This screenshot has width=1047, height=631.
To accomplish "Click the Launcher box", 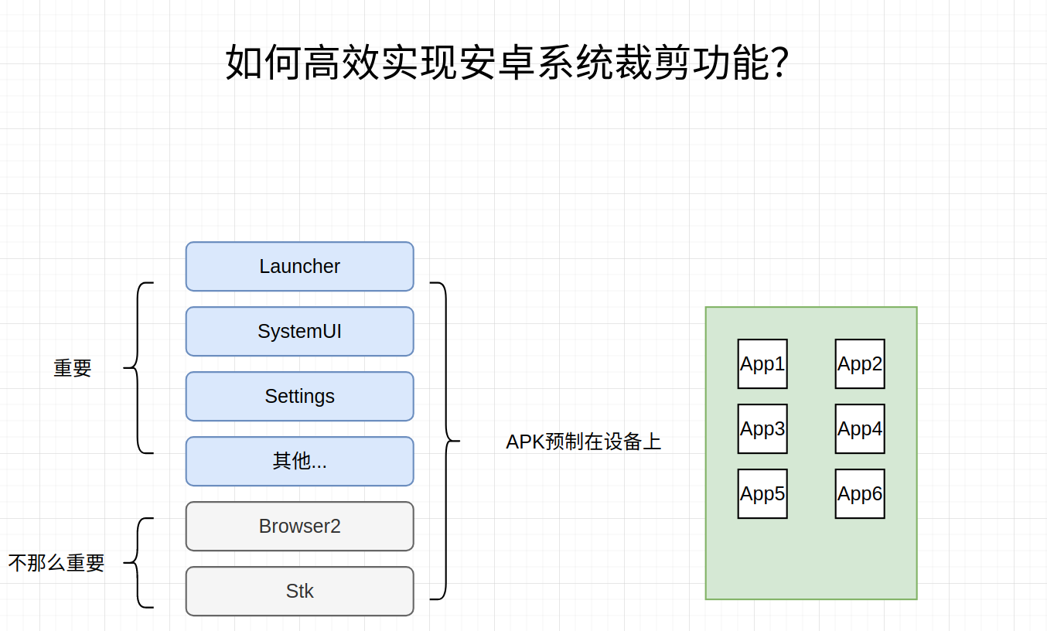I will (299, 267).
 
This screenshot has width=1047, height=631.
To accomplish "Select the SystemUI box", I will (299, 332).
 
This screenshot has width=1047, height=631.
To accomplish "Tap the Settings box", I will (299, 397).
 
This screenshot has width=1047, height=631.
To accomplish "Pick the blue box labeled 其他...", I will (299, 462).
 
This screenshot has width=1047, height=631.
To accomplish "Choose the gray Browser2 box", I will (299, 527).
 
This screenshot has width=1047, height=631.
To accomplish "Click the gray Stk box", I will (299, 592).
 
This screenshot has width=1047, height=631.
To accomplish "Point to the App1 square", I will (762, 364).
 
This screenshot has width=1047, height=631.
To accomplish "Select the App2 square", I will (860, 364).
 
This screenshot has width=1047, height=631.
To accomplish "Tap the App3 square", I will (762, 429).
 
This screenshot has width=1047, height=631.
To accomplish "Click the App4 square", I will (860, 429).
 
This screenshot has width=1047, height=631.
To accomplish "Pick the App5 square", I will (762, 494).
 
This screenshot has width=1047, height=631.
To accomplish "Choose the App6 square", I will (860, 494).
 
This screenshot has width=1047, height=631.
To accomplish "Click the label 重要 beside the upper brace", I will (73, 368).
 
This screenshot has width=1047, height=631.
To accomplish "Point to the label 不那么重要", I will (56, 563).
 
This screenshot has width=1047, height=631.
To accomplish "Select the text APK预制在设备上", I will (584, 442).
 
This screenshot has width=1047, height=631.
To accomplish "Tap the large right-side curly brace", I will (446, 441).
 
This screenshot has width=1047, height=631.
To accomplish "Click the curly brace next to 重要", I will (138, 368).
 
